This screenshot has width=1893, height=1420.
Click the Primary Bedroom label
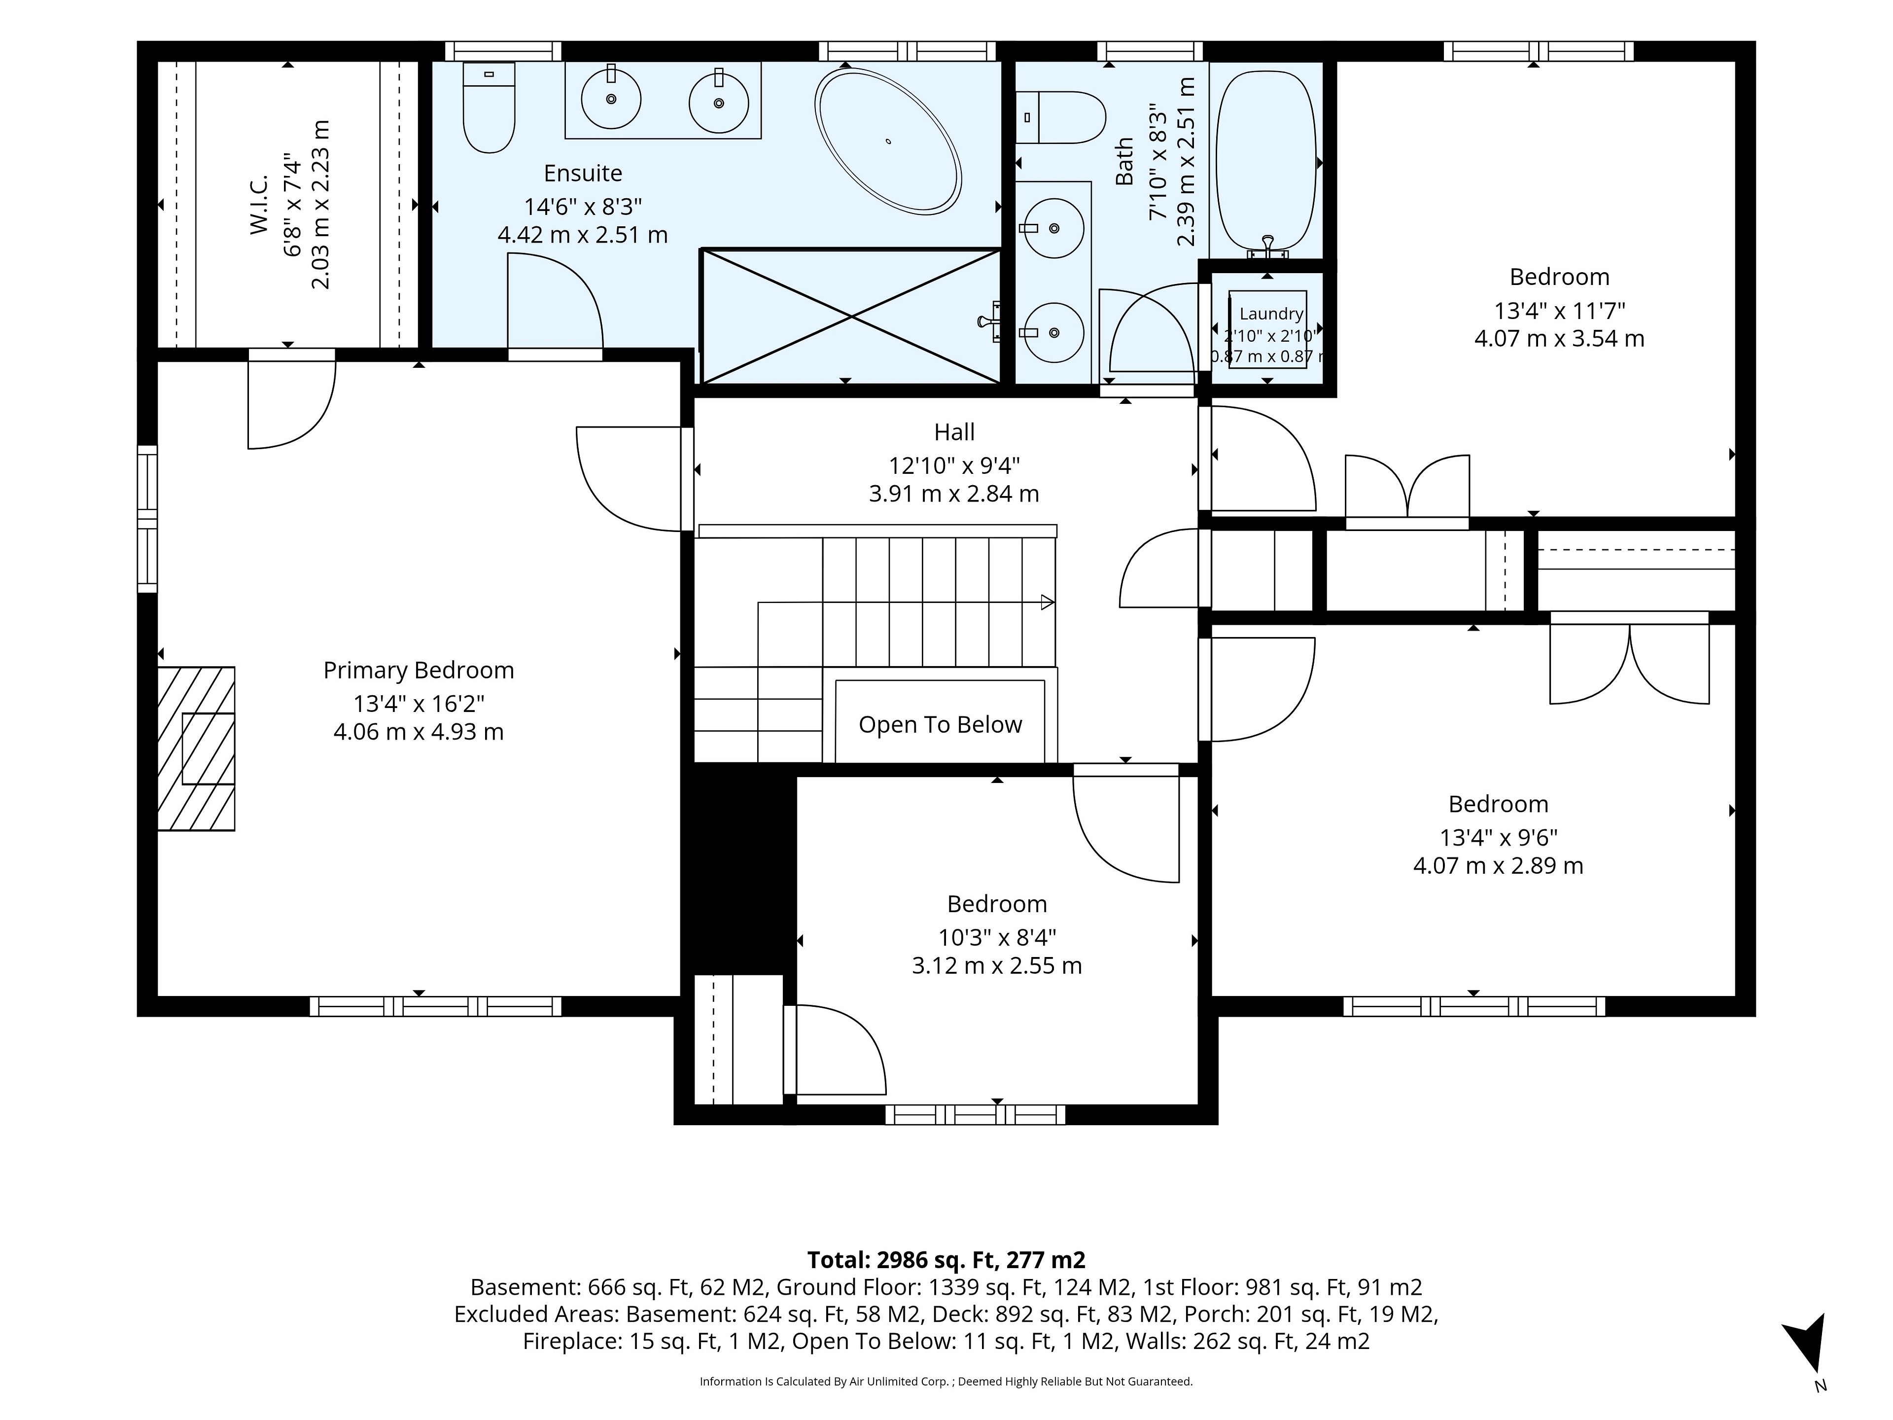click(x=419, y=670)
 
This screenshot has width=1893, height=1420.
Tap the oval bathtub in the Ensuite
click(x=888, y=141)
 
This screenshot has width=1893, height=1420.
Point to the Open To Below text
click(x=941, y=724)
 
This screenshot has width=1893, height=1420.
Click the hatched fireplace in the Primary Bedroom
click(x=196, y=748)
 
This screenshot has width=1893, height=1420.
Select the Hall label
click(x=954, y=432)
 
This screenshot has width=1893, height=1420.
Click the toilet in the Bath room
click(x=1061, y=117)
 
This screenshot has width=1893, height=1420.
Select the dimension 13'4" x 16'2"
click(x=419, y=704)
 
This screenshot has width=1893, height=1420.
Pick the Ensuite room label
click(x=583, y=173)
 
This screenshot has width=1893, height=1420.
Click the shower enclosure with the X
click(x=851, y=316)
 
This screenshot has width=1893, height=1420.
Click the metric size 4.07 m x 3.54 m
click(x=1559, y=338)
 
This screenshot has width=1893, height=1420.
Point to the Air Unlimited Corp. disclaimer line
click(x=946, y=1382)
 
